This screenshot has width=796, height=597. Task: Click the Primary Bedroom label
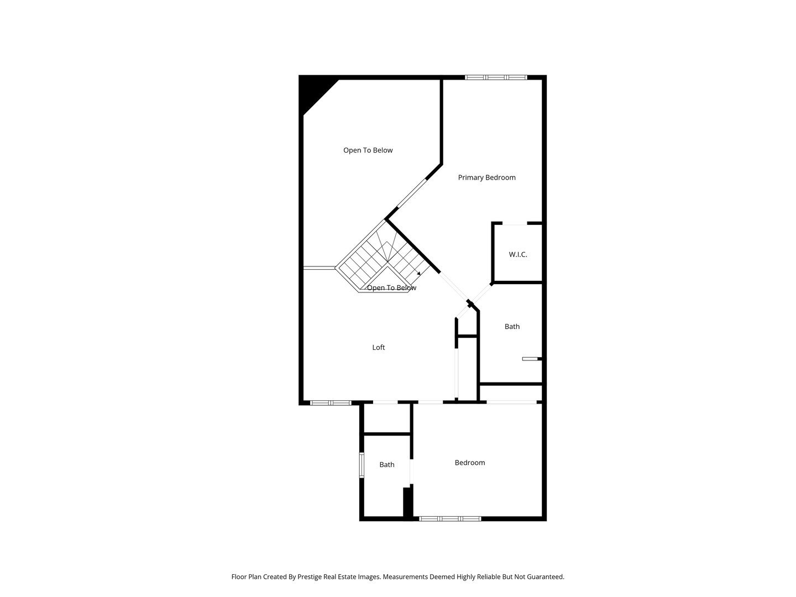[x=486, y=177]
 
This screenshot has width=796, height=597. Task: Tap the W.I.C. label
[x=517, y=254]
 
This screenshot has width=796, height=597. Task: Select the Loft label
[x=378, y=347]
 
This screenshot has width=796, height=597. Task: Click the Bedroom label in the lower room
[x=470, y=463]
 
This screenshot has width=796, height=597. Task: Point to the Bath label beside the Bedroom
[x=386, y=465]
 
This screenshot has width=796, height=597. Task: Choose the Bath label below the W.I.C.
[x=512, y=327]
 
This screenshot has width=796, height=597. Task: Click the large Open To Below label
[x=368, y=150]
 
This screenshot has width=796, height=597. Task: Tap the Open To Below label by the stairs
[x=391, y=288]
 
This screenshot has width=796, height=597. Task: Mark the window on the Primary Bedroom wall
[x=496, y=77]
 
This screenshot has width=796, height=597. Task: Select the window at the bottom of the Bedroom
[x=450, y=519]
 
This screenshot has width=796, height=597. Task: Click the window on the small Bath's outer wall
[x=362, y=465]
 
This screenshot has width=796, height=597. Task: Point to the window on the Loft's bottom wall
[x=331, y=403]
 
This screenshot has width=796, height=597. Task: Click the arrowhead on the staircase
[x=419, y=273]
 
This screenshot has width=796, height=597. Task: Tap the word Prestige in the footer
[x=310, y=577]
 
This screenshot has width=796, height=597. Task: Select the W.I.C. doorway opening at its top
[x=514, y=223]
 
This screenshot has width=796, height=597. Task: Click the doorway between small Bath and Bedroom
[x=411, y=472]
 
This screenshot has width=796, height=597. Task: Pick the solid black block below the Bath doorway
[x=408, y=503]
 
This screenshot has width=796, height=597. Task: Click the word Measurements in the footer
[x=405, y=577]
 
